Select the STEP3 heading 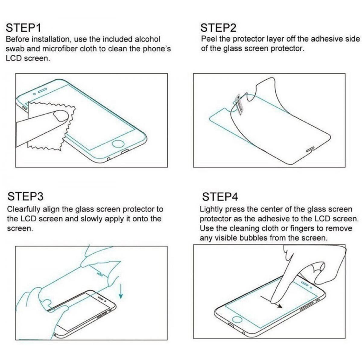point(25,196)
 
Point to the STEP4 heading point(220,197)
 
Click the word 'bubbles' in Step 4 point(253,238)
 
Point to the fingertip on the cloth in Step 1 point(61,115)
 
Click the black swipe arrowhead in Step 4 point(280,306)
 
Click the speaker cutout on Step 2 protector point(310,150)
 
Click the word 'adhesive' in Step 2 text point(327,39)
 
